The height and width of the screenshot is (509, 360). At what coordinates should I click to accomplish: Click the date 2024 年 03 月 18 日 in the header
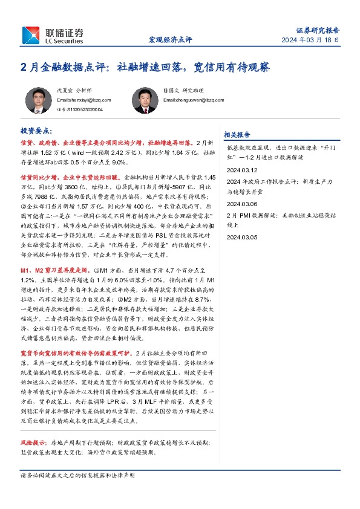coord(310,40)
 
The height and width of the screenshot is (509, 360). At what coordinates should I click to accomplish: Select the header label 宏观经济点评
coord(170,40)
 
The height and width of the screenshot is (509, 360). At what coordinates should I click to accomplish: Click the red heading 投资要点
coord(36,130)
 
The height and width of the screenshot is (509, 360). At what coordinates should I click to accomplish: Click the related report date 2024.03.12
coord(241,171)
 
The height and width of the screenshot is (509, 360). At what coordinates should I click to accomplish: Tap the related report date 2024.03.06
coord(241,204)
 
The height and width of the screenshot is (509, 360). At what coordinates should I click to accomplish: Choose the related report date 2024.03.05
coord(241,238)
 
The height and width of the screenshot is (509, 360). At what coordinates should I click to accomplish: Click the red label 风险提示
coord(34,443)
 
